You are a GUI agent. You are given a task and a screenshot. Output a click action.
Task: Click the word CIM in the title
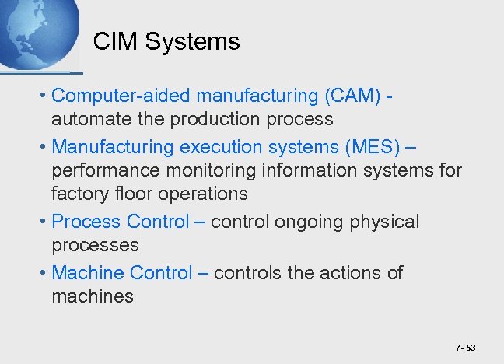tap(111, 41)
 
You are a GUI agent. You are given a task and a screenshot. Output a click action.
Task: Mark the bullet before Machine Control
tap(45, 273)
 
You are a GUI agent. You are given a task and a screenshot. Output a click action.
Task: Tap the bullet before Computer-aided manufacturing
tap(45, 96)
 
